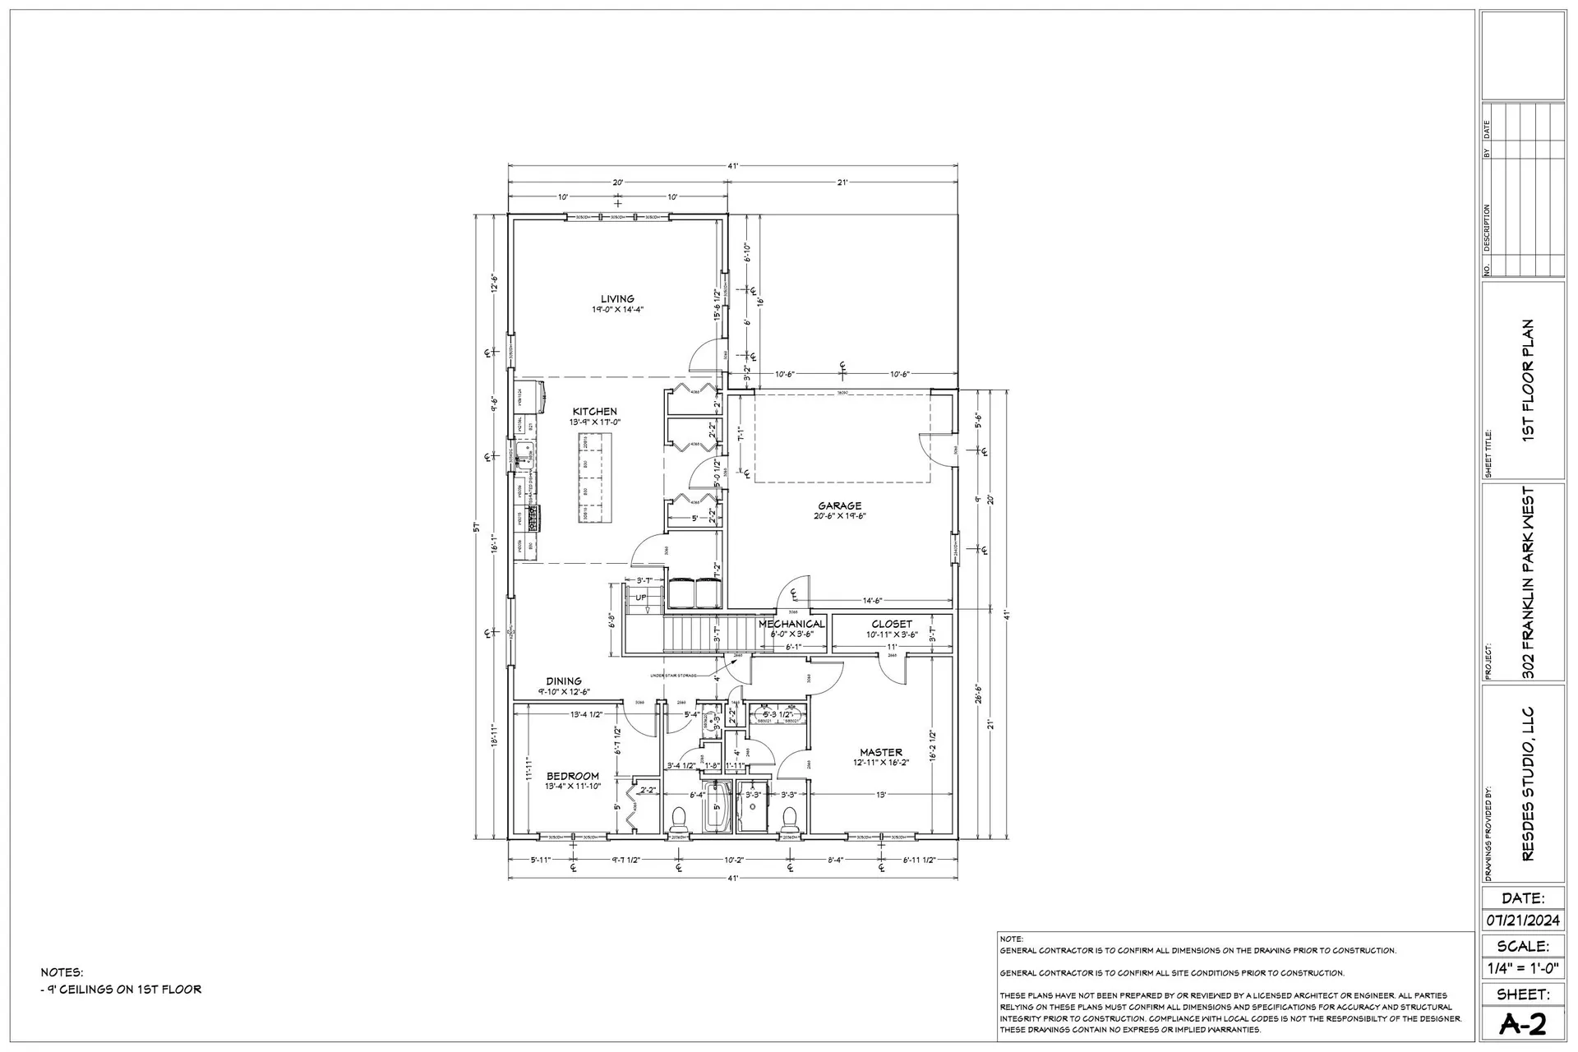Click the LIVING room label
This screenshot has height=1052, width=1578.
(616, 299)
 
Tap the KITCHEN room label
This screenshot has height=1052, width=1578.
(594, 411)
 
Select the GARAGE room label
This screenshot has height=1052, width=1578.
(839, 505)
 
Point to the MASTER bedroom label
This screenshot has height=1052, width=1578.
(880, 752)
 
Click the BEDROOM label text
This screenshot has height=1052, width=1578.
(573, 776)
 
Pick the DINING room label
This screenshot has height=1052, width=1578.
(564, 681)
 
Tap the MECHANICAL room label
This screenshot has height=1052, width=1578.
(791, 624)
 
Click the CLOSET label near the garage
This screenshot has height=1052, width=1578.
(892, 624)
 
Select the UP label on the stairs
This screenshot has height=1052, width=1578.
(641, 598)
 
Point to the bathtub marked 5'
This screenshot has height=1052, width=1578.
(717, 808)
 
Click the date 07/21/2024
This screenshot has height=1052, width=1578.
(1522, 920)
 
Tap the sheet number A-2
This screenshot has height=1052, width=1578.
(1522, 1024)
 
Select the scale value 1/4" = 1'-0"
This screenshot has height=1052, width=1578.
(1522, 969)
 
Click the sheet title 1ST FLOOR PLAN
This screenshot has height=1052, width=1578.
(1529, 380)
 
